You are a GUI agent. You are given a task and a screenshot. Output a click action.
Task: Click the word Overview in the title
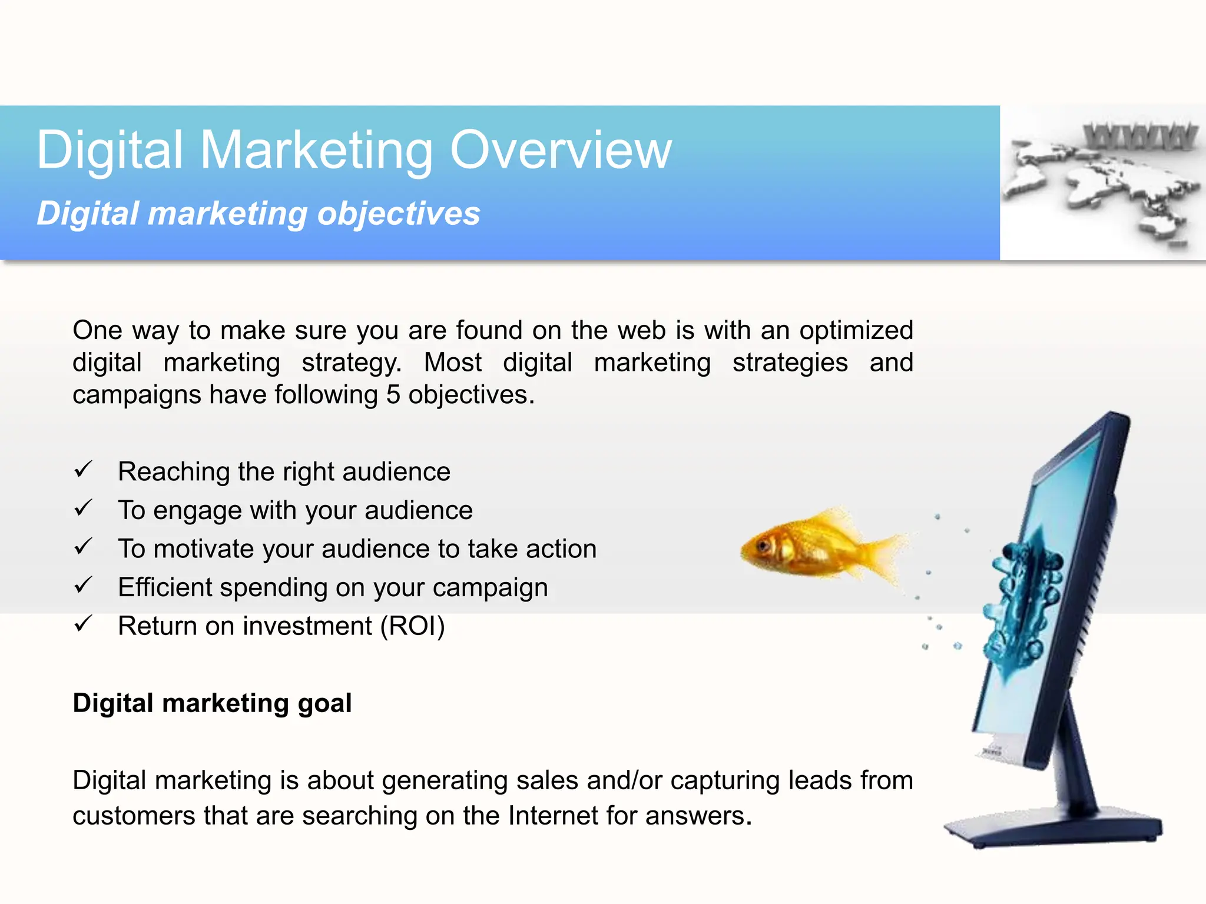pos(560,150)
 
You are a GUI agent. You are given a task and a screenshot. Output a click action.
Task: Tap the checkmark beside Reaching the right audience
pos(83,470)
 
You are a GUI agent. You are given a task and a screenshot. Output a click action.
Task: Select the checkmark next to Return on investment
pos(83,624)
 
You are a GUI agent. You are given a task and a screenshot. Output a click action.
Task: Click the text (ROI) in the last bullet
pos(412,626)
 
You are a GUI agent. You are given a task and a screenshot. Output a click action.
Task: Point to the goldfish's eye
pos(764,545)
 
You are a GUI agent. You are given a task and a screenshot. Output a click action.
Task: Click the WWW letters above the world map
pos(1139,137)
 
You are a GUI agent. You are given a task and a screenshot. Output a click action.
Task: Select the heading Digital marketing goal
pos(212,703)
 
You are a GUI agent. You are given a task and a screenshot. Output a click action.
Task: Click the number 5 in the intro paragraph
pos(393,395)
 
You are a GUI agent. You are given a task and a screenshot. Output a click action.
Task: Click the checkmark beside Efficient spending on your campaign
pos(83,585)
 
